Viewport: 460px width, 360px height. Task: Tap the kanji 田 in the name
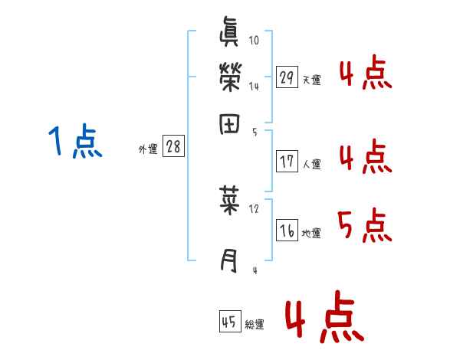(x=230, y=123)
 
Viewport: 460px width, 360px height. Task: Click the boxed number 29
(x=287, y=77)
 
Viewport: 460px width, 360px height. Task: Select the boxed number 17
(x=287, y=161)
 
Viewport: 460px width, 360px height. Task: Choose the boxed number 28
(x=173, y=147)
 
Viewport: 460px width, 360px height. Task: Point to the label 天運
(x=311, y=80)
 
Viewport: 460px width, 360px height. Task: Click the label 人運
(x=311, y=164)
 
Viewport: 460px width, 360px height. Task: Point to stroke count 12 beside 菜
(x=255, y=208)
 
